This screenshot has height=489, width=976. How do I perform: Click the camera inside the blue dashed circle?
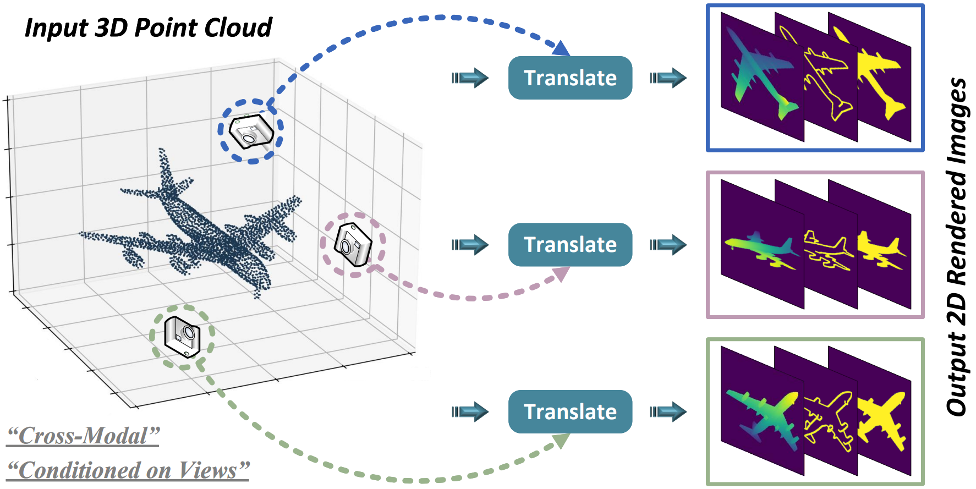tap(251, 131)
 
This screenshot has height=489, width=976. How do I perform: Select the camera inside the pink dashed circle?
tap(353, 245)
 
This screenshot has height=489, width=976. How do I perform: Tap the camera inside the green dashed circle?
tap(182, 336)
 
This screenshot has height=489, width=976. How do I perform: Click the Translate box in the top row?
tap(570, 78)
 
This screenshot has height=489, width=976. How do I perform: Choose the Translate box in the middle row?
tap(570, 245)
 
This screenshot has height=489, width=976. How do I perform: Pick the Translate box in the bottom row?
tap(570, 412)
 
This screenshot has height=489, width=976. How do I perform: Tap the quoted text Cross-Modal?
tap(83, 436)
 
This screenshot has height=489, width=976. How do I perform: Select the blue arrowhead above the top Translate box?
tap(561, 49)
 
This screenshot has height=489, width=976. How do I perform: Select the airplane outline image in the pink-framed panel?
tap(829, 252)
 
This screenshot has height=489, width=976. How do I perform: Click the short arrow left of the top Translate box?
tap(470, 78)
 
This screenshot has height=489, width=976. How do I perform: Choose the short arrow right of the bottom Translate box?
tap(668, 412)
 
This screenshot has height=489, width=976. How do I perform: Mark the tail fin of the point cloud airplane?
tap(166, 171)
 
